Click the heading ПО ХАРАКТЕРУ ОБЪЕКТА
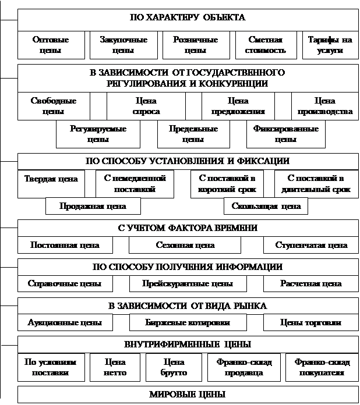(188, 17)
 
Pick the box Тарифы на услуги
(330, 45)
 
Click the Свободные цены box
(53, 106)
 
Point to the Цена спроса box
(146, 106)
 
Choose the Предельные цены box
(193, 134)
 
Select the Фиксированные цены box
(285, 134)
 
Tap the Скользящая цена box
(266, 206)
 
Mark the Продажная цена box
(93, 206)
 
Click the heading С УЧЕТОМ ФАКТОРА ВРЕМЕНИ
(188, 228)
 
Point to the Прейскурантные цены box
(189, 284)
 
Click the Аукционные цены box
(65, 322)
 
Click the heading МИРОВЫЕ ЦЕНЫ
(188, 395)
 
